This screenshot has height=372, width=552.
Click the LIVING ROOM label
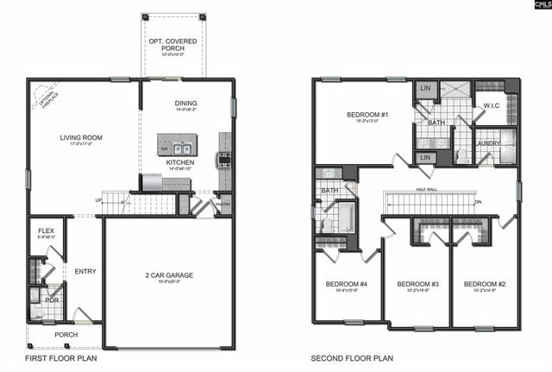point(81,138)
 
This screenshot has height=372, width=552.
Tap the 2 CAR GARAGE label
point(168,275)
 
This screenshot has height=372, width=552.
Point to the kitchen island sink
point(179,148)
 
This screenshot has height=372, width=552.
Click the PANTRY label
point(224,204)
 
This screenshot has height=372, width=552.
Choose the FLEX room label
point(47,232)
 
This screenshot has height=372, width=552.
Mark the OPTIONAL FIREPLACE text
point(44,97)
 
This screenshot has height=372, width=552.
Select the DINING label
point(186,103)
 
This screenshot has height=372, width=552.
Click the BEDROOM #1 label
point(367,115)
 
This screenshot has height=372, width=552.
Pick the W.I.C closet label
point(492,106)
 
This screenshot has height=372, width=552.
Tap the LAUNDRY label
point(488,144)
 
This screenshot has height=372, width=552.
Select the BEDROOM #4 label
point(347,284)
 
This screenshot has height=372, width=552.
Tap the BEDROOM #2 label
point(485,284)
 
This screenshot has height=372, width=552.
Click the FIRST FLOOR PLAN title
point(60,357)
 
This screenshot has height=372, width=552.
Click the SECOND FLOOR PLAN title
point(352,357)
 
